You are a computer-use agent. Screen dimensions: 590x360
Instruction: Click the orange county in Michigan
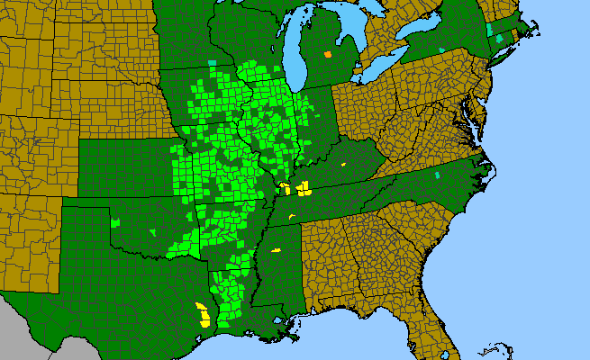328,55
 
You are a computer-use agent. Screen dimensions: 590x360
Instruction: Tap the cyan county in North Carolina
437,175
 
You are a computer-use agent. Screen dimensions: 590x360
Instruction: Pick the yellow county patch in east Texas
204,314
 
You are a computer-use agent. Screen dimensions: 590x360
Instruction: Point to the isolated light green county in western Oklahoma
115,220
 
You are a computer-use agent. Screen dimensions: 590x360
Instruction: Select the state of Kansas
126,171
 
